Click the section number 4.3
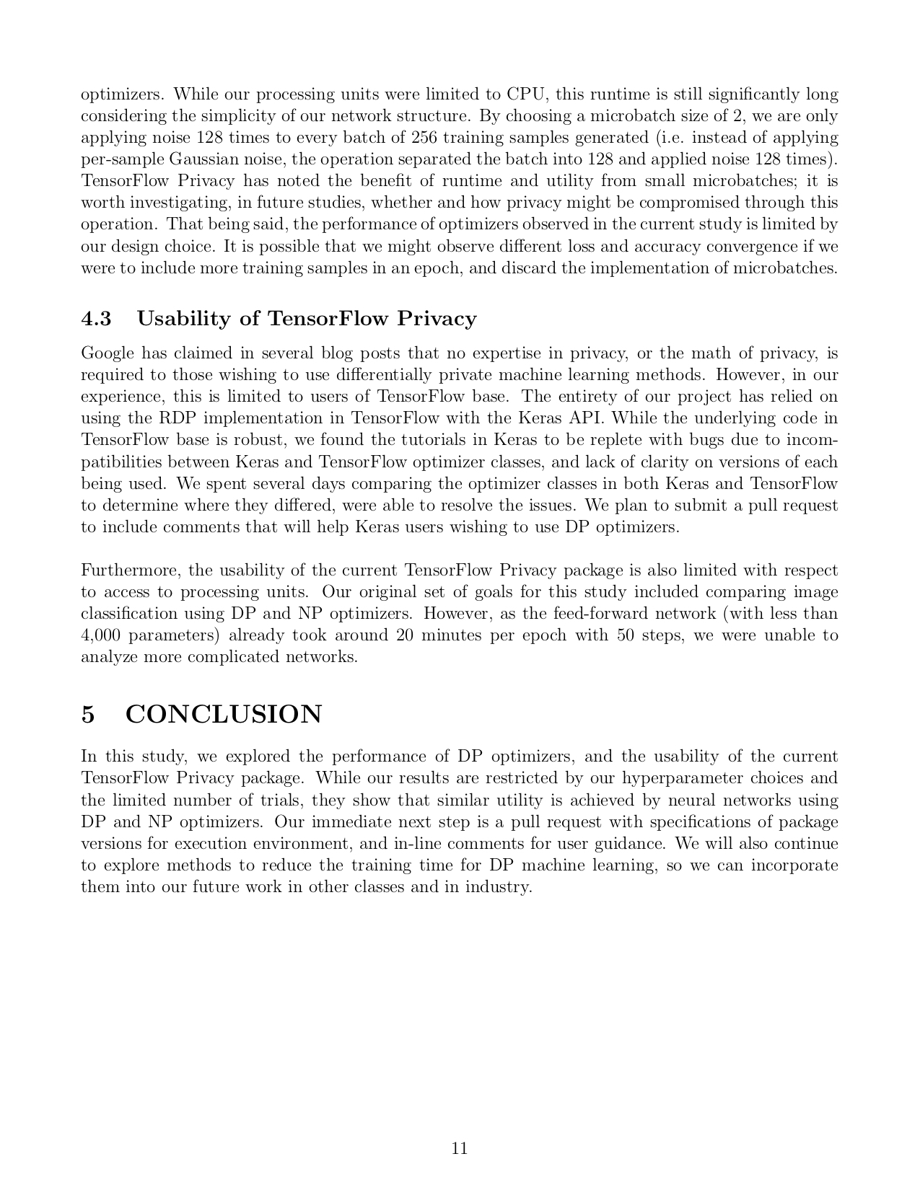pos(97,319)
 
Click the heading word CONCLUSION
pos(224,715)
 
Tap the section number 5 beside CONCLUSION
pos(88,715)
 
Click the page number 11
pos(460,1149)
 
